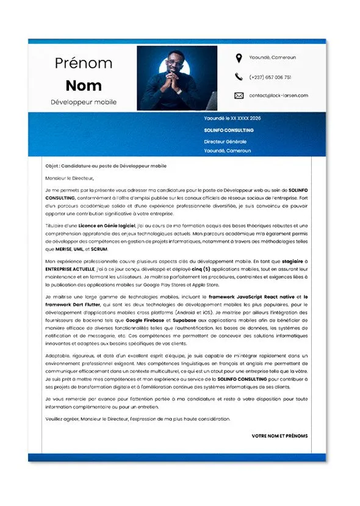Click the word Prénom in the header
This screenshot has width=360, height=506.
(84, 63)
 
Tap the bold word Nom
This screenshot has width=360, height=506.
(84, 85)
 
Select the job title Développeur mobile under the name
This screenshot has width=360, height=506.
(84, 102)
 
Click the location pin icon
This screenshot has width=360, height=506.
(239, 58)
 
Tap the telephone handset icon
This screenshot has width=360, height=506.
(239, 77)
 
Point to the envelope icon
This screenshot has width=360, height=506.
(239, 95)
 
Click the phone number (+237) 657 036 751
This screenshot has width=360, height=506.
(270, 78)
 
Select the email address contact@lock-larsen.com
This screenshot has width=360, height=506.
(278, 95)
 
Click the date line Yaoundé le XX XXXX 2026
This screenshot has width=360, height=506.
(232, 118)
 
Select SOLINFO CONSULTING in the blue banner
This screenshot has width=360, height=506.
(229, 130)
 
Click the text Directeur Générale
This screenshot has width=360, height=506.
(225, 142)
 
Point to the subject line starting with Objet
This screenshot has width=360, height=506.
(106, 166)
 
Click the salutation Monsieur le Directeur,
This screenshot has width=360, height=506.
(70, 178)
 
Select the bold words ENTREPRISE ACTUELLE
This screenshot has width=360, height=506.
(69, 267)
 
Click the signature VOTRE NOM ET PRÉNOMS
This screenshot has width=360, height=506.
(279, 436)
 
